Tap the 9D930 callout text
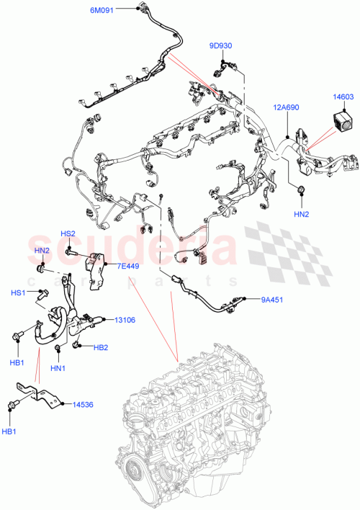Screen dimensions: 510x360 (221, 46)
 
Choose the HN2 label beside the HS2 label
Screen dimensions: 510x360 (42, 250)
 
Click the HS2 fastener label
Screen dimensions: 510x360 (68, 233)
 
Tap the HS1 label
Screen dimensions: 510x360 (17, 292)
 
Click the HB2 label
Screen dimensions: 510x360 (101, 348)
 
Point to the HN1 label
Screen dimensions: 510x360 (58, 368)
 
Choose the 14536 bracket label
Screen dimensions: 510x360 (84, 405)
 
